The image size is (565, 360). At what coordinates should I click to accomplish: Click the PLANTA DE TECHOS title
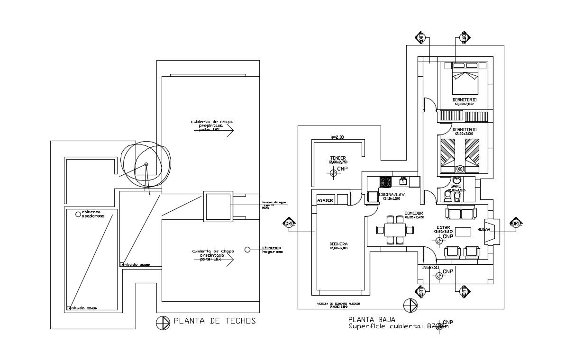[x=215, y=321]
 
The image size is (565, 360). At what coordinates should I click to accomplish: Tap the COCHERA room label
[x=338, y=245]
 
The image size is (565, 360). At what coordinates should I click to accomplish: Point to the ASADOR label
[x=325, y=200]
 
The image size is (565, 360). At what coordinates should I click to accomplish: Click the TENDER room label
[x=338, y=158]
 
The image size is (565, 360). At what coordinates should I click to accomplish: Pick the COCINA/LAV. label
[x=392, y=195]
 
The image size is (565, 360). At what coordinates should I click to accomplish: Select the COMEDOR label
[x=414, y=213]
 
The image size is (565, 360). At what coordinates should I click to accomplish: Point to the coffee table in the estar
[x=463, y=232]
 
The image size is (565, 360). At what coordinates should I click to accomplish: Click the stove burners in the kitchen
[x=385, y=181]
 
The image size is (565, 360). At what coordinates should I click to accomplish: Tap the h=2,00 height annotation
[x=338, y=137]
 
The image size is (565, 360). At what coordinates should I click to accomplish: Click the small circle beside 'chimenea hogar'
[x=247, y=250]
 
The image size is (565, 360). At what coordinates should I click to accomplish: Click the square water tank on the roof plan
[x=218, y=207]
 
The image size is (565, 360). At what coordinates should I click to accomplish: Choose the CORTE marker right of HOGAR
[x=515, y=223]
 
